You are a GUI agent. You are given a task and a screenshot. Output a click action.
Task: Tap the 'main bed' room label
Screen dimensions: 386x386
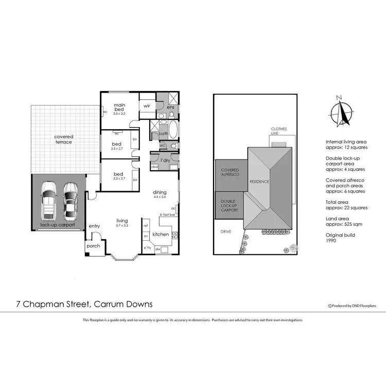point(119,108)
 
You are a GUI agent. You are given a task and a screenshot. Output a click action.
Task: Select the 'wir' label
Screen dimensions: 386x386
point(147,106)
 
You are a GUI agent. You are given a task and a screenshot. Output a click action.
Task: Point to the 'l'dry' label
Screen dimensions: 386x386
point(165,160)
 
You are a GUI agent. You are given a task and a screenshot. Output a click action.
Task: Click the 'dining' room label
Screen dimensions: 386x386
point(160,192)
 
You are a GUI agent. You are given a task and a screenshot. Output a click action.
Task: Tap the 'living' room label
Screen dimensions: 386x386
point(122,220)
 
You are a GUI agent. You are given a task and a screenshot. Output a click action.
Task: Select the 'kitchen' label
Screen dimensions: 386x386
point(161,235)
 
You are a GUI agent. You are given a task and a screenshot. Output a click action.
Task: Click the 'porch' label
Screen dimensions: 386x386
point(93,246)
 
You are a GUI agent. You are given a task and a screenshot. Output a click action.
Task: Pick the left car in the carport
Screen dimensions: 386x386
point(49,200)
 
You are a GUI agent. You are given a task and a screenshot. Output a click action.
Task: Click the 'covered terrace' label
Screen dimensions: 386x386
point(64,139)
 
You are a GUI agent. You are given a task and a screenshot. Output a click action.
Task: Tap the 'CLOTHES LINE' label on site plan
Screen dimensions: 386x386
point(279,131)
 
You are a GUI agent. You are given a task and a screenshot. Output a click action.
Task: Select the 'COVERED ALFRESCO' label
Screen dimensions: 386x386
point(230,172)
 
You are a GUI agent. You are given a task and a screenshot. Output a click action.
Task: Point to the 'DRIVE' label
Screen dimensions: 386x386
point(226,232)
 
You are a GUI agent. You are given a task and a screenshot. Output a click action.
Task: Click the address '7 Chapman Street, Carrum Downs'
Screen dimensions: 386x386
point(84,304)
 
